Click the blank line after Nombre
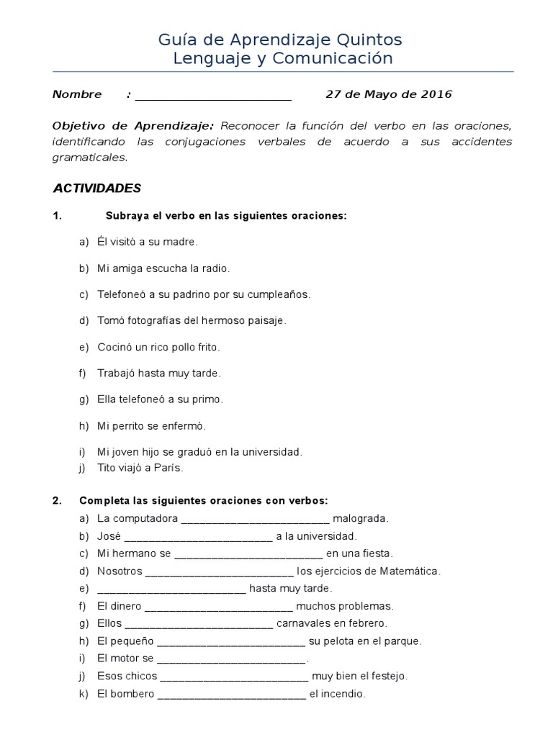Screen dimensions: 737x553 point(213,95)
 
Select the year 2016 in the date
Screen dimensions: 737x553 point(436,94)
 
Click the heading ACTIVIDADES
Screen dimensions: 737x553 point(97,189)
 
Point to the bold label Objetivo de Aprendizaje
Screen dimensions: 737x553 point(133,125)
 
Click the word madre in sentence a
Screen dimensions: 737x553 point(179,242)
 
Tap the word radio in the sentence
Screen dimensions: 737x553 point(215,268)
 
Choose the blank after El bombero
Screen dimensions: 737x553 point(231,695)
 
